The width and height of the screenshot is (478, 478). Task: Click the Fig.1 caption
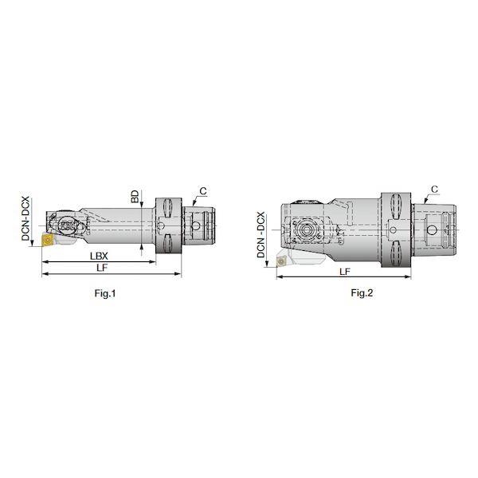point(105,293)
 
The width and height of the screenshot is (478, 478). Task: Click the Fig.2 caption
point(362,293)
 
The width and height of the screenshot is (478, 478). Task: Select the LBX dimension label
point(99,256)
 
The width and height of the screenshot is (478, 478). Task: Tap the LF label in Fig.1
point(102,268)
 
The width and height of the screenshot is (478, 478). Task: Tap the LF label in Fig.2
point(345,272)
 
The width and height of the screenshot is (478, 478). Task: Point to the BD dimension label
point(135,197)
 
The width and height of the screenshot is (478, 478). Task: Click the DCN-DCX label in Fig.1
point(25,218)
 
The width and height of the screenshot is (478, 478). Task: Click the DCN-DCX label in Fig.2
point(261,235)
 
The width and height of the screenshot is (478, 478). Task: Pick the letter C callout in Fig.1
point(203,191)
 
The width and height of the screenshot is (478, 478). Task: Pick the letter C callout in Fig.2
point(434,189)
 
